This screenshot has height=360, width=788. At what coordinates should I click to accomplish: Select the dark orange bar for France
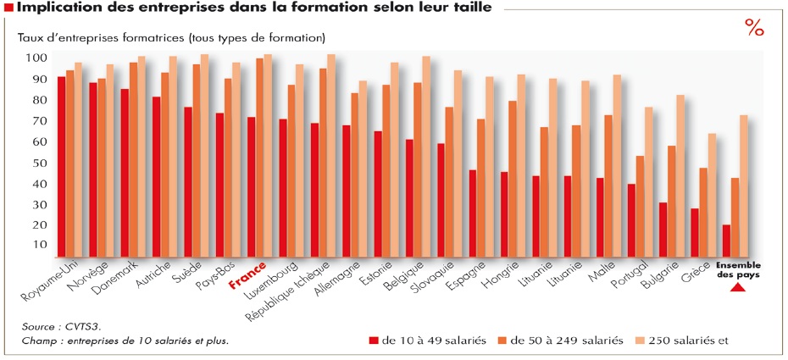pos(259,158)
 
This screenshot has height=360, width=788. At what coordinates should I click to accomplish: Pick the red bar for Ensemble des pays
pos(727,241)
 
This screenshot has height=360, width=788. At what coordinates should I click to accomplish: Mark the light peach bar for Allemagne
pos(363,169)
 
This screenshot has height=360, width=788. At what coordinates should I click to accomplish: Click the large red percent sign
pos(754,28)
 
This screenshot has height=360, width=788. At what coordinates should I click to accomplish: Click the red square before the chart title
pos(8,8)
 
